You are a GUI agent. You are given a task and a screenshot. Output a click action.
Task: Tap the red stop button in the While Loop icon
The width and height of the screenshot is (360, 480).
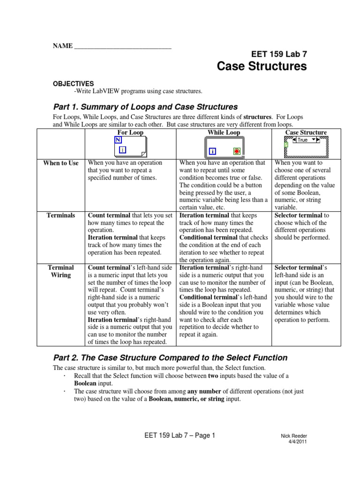[237, 151]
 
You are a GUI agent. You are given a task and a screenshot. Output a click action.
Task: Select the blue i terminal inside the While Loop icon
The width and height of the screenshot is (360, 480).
[212, 151]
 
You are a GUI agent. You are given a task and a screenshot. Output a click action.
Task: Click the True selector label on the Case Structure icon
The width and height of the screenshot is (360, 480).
[303, 140]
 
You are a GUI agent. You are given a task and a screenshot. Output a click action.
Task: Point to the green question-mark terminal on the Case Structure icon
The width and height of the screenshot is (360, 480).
[285, 145]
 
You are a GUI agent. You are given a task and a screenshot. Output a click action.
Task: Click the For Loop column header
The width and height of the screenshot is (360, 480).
[130, 133]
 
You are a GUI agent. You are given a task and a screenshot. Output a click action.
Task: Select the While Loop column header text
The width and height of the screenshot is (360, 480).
[224, 133]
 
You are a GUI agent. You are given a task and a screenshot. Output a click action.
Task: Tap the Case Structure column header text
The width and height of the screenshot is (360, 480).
[306, 133]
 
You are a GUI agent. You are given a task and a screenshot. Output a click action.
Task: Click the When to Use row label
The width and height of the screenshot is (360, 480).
[61, 163]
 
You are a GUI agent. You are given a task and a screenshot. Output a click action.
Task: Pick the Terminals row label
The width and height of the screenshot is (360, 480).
[61, 216]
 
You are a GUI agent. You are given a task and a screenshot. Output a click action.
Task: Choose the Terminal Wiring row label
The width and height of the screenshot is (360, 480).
[61, 271]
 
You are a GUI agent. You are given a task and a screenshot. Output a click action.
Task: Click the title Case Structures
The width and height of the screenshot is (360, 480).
[262, 67]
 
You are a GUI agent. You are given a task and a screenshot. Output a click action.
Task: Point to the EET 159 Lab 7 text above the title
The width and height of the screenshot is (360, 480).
[280, 54]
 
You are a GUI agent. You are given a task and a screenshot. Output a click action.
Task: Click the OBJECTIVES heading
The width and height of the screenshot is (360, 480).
[73, 83]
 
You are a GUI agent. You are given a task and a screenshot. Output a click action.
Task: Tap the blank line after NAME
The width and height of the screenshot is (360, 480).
[123, 46]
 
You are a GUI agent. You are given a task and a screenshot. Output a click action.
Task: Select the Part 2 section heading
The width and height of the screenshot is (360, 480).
[170, 358]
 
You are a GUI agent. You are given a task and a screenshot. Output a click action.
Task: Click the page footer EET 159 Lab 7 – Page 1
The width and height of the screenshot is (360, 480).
[180, 435]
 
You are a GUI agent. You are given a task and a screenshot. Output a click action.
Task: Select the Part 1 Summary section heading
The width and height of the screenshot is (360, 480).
[146, 107]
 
